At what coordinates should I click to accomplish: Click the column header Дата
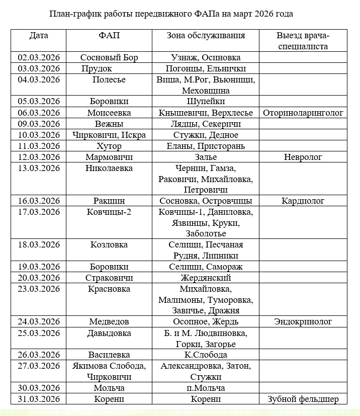[x=39, y=36]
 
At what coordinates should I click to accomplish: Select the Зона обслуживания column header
[x=206, y=36]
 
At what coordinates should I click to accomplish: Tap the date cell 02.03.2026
[x=39, y=57]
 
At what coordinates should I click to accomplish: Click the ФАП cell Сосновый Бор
[x=109, y=57]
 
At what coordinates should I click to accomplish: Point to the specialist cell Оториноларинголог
[x=303, y=113]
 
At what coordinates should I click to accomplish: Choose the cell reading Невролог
[x=303, y=157]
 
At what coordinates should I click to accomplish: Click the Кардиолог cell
[x=303, y=201]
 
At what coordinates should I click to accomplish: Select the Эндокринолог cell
[x=303, y=321]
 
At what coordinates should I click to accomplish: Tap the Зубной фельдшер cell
[x=303, y=399]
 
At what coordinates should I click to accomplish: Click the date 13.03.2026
[x=39, y=168]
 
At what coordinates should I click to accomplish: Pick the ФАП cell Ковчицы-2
[x=109, y=212]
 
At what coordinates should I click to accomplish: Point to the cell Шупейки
[x=206, y=102]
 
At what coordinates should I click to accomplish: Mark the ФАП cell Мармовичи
[x=109, y=157]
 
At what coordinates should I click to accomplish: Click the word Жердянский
[x=206, y=278]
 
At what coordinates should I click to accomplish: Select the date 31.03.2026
[x=39, y=399]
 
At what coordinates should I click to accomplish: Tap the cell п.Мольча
[x=206, y=388]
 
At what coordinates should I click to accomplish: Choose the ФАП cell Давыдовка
[x=109, y=333]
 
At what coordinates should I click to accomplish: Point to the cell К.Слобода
[x=206, y=355]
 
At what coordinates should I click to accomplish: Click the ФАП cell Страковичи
[x=109, y=278]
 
